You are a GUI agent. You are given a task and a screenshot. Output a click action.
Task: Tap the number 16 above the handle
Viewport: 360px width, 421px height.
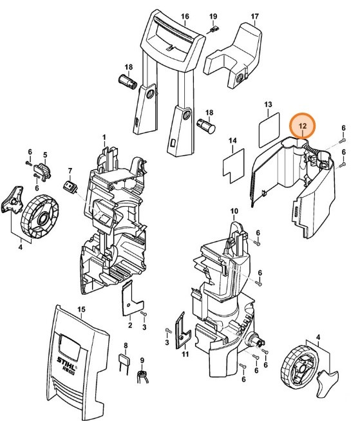point(185,16)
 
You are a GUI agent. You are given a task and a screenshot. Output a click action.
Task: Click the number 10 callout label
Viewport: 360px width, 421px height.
point(234,210)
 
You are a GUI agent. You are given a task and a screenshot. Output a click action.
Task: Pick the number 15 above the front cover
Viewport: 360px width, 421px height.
point(81,310)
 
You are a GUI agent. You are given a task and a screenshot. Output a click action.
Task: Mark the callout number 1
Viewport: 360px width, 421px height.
point(104,138)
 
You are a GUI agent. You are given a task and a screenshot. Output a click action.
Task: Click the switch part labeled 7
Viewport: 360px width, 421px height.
point(70,187)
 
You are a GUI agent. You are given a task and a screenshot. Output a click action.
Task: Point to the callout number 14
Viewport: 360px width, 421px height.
point(233,140)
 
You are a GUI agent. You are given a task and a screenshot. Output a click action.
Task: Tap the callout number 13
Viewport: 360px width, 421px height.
point(269,104)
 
